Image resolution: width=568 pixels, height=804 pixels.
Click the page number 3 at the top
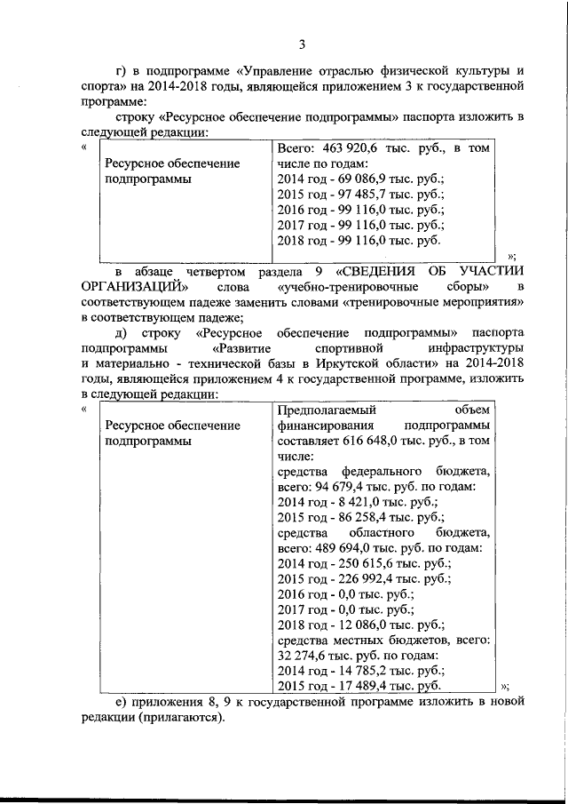tap(302, 46)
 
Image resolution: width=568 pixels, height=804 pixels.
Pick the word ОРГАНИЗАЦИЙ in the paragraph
tap(133, 286)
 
